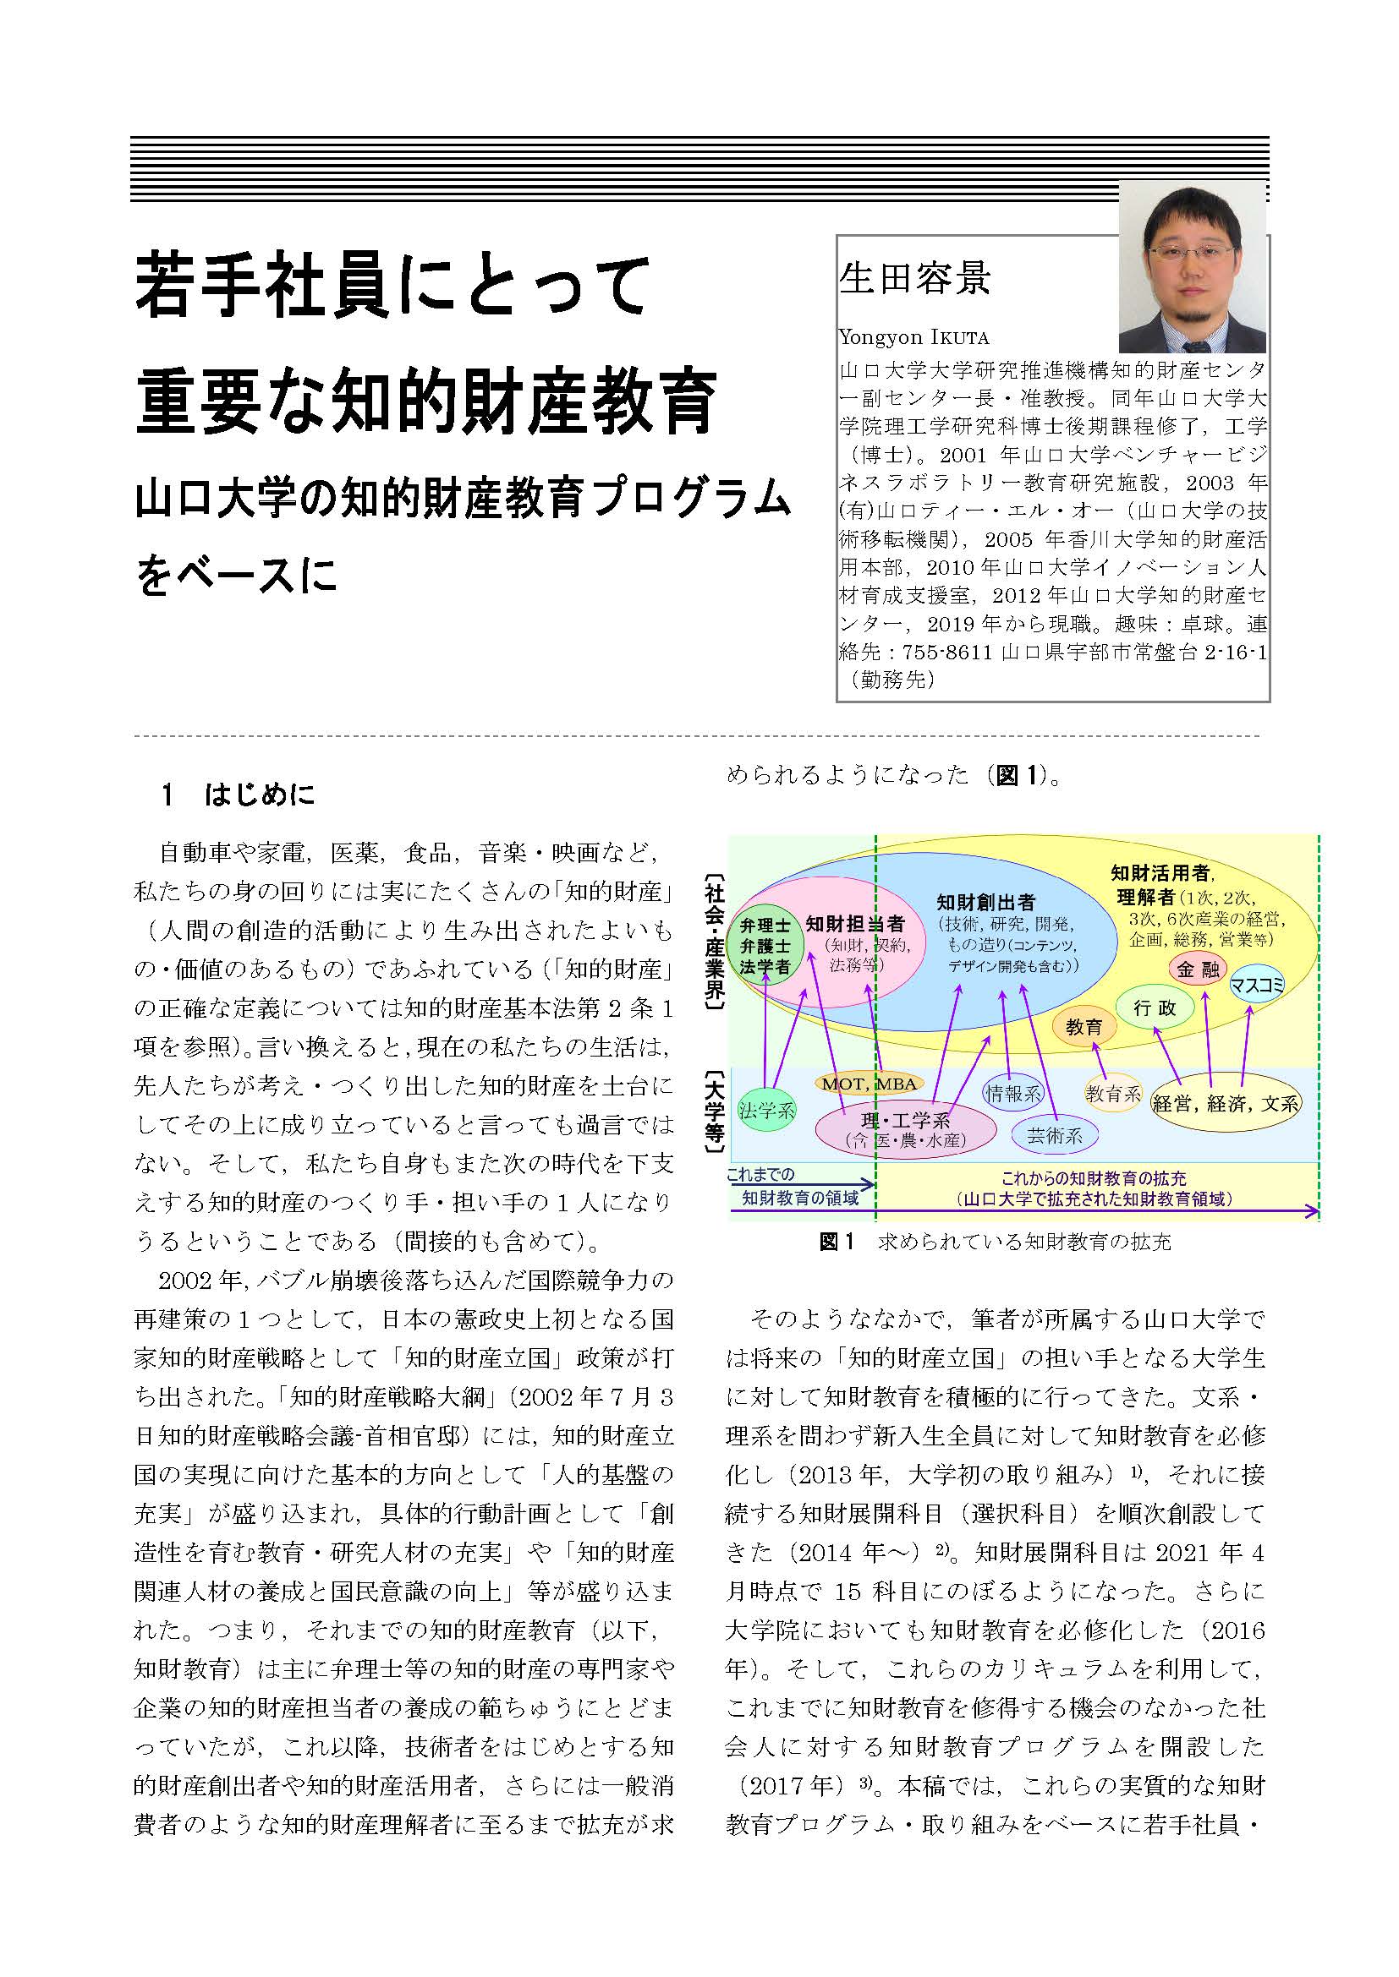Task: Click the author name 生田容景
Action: pyautogui.click(x=914, y=278)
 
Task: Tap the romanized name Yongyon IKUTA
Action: pyautogui.click(x=913, y=336)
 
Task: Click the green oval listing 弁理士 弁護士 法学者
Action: pyautogui.click(x=765, y=947)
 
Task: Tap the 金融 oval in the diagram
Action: pyautogui.click(x=1198, y=969)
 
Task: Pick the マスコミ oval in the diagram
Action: pyautogui.click(x=1257, y=984)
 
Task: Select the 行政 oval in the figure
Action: pyautogui.click(x=1155, y=1008)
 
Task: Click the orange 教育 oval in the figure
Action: pyautogui.click(x=1084, y=1026)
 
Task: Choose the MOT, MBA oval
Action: pyautogui.click(x=869, y=1084)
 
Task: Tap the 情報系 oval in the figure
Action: pyautogui.click(x=1013, y=1094)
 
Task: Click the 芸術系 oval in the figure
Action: pyautogui.click(x=1055, y=1136)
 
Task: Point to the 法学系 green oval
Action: pyautogui.click(x=766, y=1111)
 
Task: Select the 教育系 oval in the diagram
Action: pyautogui.click(x=1113, y=1094)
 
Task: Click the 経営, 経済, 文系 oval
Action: pyautogui.click(x=1226, y=1103)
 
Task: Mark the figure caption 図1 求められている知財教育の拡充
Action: pyautogui.click(x=995, y=1242)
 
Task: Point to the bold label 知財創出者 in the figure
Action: pyautogui.click(x=985, y=903)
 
